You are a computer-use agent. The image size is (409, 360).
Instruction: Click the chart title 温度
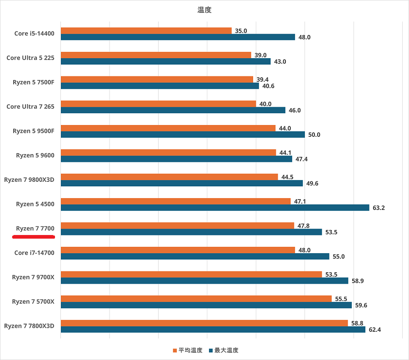(204, 10)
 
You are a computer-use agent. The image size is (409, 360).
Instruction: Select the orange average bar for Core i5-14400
(146, 31)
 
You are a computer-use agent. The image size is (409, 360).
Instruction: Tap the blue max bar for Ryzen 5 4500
(214, 208)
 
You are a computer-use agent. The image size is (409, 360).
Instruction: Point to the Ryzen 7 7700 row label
(35, 228)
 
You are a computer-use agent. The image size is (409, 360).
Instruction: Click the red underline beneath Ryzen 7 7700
(34, 237)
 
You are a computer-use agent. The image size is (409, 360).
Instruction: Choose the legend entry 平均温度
(187, 350)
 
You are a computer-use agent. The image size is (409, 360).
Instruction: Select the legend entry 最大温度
(223, 350)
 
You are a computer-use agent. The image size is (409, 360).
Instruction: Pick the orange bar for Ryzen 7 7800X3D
(204, 323)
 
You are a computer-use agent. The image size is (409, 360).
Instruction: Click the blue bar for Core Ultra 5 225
(165, 61)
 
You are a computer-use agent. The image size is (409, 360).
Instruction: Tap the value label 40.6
(269, 86)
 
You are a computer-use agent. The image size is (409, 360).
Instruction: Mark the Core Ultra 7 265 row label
(30, 106)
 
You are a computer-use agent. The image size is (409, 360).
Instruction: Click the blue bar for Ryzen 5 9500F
(182, 135)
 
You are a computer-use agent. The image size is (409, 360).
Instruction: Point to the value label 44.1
(286, 153)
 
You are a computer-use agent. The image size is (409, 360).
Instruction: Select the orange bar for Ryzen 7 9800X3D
(169, 177)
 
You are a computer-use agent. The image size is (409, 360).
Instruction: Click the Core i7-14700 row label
(34, 253)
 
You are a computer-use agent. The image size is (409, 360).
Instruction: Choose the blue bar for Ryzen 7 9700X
(204, 281)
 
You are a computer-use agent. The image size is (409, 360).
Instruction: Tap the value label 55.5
(341, 299)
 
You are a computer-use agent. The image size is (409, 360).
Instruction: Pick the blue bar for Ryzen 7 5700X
(206, 305)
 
